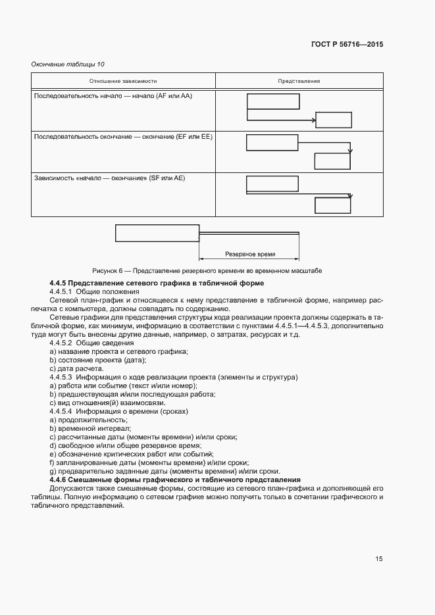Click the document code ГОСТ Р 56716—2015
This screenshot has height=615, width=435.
(x=347, y=45)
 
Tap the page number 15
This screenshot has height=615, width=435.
(x=379, y=559)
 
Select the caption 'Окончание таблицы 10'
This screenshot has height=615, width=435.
(x=68, y=64)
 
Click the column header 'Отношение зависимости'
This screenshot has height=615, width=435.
(x=123, y=81)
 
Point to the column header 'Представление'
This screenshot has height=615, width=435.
(x=299, y=81)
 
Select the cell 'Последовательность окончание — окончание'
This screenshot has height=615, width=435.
(x=122, y=137)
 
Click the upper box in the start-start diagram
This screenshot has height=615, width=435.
(x=273, y=101)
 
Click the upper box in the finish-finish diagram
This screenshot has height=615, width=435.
(x=272, y=143)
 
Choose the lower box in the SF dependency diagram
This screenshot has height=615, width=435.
(x=333, y=205)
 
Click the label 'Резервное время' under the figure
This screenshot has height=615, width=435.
(x=250, y=254)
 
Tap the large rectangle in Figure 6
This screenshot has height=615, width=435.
(x=157, y=234)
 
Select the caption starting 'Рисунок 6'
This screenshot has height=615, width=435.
(x=207, y=271)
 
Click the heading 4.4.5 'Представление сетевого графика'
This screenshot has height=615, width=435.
(x=157, y=283)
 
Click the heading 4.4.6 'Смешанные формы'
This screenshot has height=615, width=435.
(x=174, y=480)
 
